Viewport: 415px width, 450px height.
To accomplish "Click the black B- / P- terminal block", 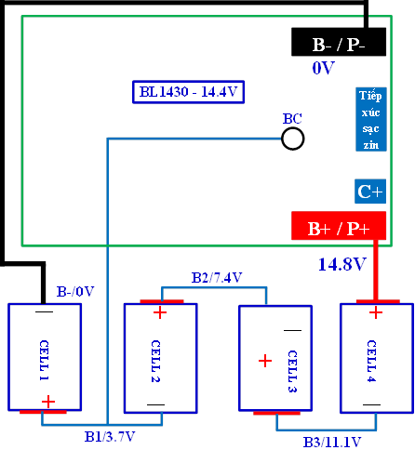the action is point(339,42).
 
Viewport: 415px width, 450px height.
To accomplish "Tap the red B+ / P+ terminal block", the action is point(339,226).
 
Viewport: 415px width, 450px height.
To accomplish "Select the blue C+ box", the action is point(370,192).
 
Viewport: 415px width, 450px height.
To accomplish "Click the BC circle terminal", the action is point(293,139).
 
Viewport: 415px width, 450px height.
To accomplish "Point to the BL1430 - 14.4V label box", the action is point(189,92).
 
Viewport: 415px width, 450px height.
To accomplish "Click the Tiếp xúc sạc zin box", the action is point(371,119).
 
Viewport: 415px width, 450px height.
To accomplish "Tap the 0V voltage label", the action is point(323,68).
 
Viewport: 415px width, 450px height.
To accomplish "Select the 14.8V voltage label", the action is point(342,264).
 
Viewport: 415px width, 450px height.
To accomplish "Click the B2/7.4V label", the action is point(217,278).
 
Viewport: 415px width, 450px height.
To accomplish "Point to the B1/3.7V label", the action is point(110,437).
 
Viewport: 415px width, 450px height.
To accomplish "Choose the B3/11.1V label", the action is point(332,443).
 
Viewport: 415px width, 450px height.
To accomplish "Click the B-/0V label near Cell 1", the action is point(75,291).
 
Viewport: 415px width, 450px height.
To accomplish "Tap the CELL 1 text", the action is point(44,360).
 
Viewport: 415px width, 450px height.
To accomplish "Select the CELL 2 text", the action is point(155,361).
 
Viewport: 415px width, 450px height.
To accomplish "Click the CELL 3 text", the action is point(292,371).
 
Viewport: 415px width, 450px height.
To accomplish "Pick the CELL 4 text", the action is point(371,361).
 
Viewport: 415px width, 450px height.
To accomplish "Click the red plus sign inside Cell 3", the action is point(265,361).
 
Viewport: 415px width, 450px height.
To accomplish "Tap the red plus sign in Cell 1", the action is point(48,402).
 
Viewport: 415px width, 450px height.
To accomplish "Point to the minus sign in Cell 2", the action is point(155,404).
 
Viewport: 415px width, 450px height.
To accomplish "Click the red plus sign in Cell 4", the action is point(376,312).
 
